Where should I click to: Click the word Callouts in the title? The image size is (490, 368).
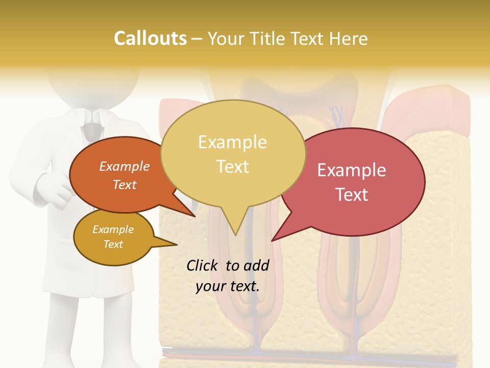pyautogui.click(x=150, y=38)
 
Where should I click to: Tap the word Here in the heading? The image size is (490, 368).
pyautogui.click(x=348, y=38)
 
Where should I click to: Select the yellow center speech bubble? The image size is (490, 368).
pyautogui.click(x=233, y=153)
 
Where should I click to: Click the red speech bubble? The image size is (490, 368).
pyautogui.click(x=357, y=181)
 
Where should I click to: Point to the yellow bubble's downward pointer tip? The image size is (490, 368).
pyautogui.click(x=235, y=235)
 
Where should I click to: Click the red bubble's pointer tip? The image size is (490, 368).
pyautogui.click(x=272, y=240)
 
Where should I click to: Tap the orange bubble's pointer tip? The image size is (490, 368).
pyautogui.click(x=195, y=216)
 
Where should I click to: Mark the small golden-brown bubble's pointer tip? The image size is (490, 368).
pyautogui.click(x=177, y=244)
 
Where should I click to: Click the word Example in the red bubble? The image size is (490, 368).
pyautogui.click(x=352, y=170)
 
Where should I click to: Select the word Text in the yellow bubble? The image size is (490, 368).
pyautogui.click(x=233, y=167)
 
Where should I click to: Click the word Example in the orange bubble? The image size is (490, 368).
pyautogui.click(x=124, y=166)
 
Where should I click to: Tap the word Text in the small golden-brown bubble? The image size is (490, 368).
pyautogui.click(x=113, y=244)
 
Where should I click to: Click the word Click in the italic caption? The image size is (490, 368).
pyautogui.click(x=203, y=265)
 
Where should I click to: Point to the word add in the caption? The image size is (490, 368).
pyautogui.click(x=256, y=265)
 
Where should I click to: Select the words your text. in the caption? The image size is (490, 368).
pyautogui.click(x=228, y=286)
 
